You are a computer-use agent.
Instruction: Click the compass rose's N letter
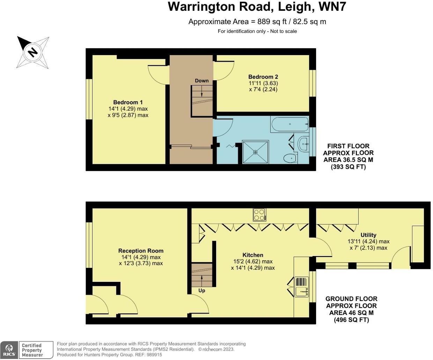pyautogui.click(x=33, y=52)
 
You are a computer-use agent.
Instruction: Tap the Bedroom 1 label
pyautogui.click(x=128, y=102)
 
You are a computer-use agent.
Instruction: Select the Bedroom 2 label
pyautogui.click(x=263, y=77)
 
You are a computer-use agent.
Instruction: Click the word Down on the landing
pyautogui.click(x=201, y=81)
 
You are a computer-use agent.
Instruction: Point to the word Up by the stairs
pyautogui.click(x=201, y=290)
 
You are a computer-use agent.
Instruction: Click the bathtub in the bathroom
pyautogui.click(x=289, y=124)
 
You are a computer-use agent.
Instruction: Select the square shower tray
pyautogui.click(x=256, y=152)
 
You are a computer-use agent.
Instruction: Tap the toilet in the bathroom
pyautogui.click(x=290, y=159)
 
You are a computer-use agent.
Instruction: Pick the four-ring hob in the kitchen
pyautogui.click(x=259, y=215)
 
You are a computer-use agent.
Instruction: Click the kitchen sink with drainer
pyautogui.click(x=301, y=287)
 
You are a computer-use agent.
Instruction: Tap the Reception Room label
pyautogui.click(x=141, y=250)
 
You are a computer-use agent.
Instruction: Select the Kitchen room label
pyautogui.click(x=253, y=255)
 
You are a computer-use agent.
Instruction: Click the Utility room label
pyautogui.click(x=368, y=235)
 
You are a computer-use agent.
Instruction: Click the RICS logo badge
pyautogui.click(x=9, y=350)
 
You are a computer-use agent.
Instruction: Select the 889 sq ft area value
pyautogui.click(x=270, y=22)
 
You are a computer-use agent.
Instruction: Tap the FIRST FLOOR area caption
pyautogui.click(x=348, y=146)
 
